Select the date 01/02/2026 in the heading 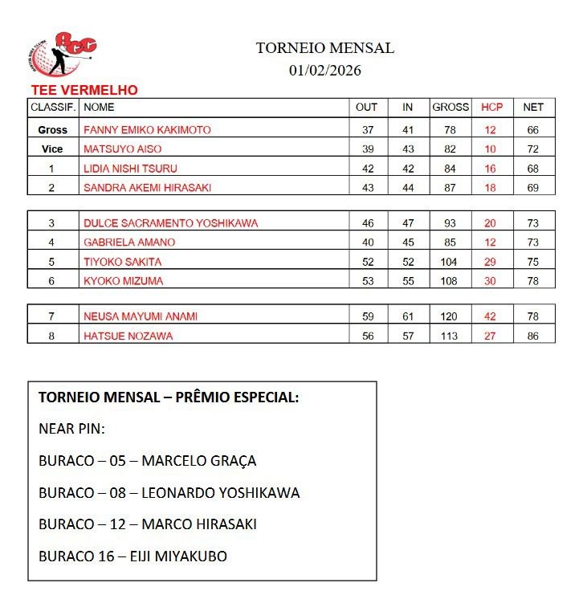pos(325,70)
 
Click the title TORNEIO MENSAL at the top pos(325,47)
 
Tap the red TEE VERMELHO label pos(84,91)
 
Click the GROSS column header pos(450,107)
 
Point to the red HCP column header pos(491,107)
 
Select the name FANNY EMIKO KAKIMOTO pos(147,129)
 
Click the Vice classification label pos(52,149)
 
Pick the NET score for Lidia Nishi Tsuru pos(533,169)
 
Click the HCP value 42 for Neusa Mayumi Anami pos(490,316)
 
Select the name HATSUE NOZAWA pos(128,336)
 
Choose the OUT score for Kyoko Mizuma pos(368,281)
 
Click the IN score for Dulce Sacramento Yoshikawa pos(408,223)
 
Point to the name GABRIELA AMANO pos(129,243)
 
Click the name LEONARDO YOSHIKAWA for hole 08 pos(220,492)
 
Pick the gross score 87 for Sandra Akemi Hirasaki pos(450,188)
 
